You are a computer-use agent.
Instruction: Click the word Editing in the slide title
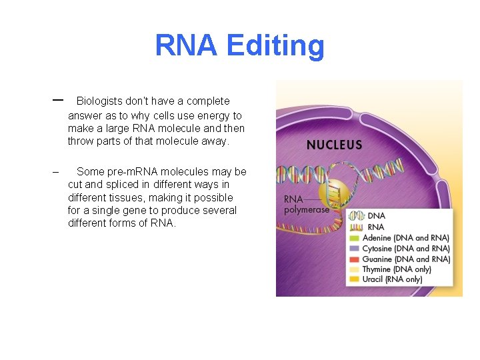(275, 47)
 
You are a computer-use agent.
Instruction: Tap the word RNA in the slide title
(186, 46)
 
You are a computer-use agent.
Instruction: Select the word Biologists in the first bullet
(101, 101)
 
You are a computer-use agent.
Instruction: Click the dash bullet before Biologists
(57, 100)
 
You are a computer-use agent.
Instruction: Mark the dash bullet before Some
(56, 172)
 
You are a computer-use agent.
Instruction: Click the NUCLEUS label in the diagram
(334, 145)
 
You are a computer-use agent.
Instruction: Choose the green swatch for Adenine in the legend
(355, 238)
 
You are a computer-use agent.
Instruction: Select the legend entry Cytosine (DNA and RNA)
(405, 249)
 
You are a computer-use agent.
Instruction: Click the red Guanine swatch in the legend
(355, 259)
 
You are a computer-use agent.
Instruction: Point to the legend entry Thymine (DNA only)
(396, 269)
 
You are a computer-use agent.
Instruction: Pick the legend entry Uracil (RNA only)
(391, 279)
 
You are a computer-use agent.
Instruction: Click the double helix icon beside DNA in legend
(357, 216)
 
